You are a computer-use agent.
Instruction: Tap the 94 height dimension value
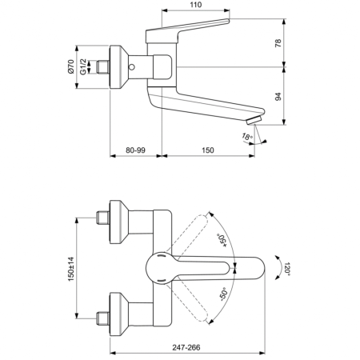pos(278,97)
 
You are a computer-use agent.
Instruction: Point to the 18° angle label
pos(248,137)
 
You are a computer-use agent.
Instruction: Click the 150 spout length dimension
pos(208,149)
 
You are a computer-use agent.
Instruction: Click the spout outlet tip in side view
pos(254,121)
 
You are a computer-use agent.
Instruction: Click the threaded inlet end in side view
pos(102,67)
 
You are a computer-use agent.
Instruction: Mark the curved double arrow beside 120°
pos(276,270)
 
